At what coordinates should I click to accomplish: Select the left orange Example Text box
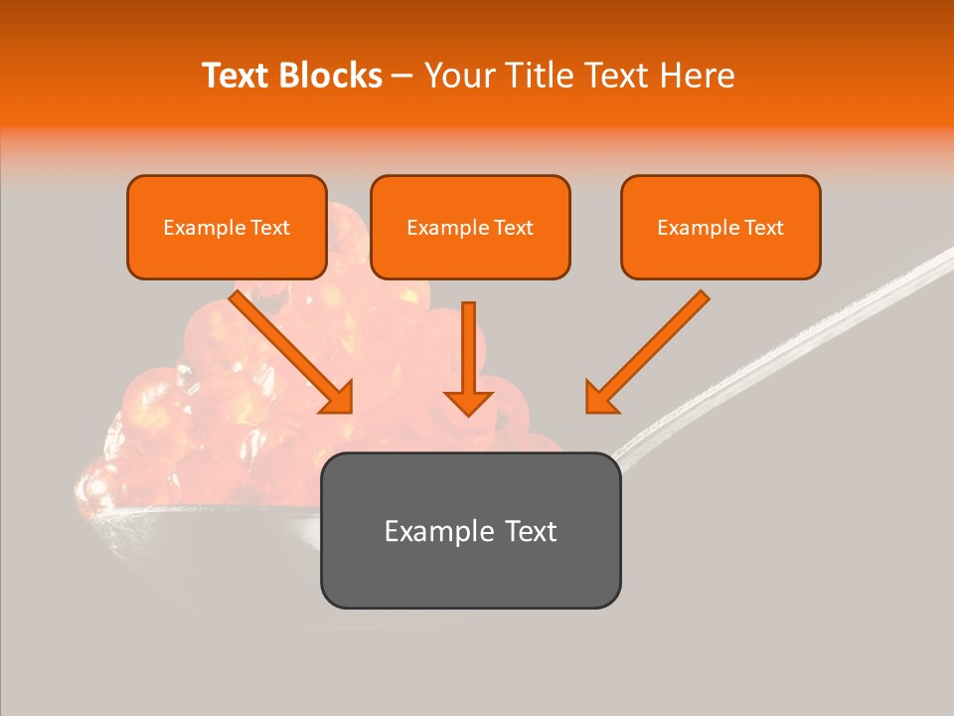point(227,227)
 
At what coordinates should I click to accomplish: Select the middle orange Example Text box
point(470,227)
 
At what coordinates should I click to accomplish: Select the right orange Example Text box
point(720,227)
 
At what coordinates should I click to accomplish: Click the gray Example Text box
point(470,530)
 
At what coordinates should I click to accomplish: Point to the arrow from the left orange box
point(288,348)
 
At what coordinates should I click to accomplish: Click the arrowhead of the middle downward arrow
point(469,401)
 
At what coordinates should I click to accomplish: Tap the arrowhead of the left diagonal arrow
point(338,398)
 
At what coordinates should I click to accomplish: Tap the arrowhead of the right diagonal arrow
point(601,398)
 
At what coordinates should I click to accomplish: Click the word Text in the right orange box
point(763,228)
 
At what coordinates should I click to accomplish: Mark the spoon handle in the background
point(795,338)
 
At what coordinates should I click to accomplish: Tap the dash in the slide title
point(402,77)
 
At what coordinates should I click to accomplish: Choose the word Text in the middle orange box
point(513,228)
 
